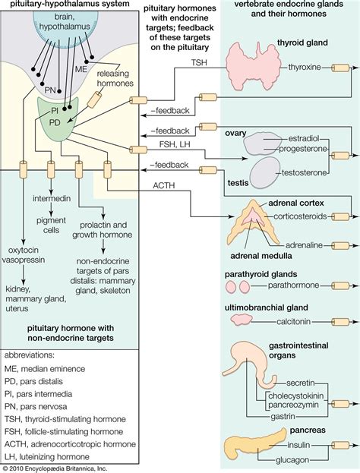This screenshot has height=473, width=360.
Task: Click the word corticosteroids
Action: pyautogui.click(x=306, y=216)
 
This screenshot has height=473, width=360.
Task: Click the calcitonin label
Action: pyautogui.click(x=298, y=322)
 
